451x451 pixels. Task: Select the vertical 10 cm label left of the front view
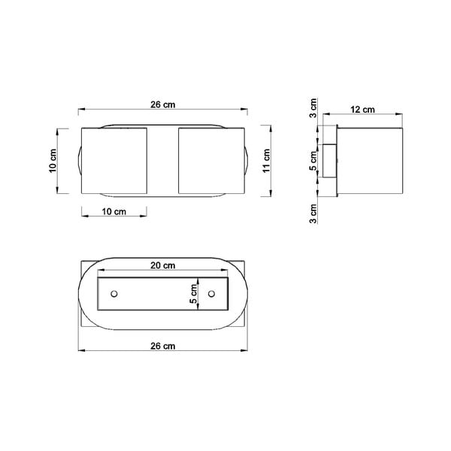53,161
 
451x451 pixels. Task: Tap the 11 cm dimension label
266,161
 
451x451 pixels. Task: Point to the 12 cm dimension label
364,109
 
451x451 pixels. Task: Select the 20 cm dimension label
162,265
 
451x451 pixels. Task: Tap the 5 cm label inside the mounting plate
194,292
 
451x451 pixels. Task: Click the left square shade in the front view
112,161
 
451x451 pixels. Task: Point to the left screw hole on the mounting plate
114,292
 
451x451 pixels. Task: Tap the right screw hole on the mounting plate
211,292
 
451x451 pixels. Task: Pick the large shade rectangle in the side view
370,161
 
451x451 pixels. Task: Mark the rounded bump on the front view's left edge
77,161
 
